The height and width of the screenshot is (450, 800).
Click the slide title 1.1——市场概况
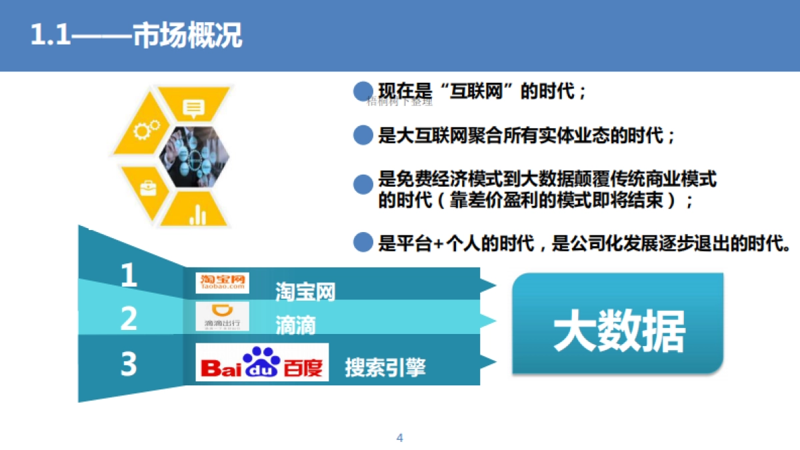click(137, 35)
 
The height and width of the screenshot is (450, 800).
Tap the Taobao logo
click(222, 283)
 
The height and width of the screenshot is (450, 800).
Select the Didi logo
click(222, 317)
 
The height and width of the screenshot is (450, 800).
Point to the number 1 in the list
click(129, 276)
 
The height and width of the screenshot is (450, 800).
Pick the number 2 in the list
click(129, 319)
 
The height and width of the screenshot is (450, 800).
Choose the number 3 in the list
click(129, 364)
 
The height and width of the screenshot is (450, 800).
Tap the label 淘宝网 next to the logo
click(305, 292)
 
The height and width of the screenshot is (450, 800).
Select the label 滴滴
click(295, 326)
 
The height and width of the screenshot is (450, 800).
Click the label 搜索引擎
click(385, 367)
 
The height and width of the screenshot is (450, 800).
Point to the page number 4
click(400, 438)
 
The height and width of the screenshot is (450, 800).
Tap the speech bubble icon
click(194, 108)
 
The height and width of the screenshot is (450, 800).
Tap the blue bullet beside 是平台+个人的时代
click(362, 243)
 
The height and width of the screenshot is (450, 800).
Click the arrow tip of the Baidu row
click(490, 362)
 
